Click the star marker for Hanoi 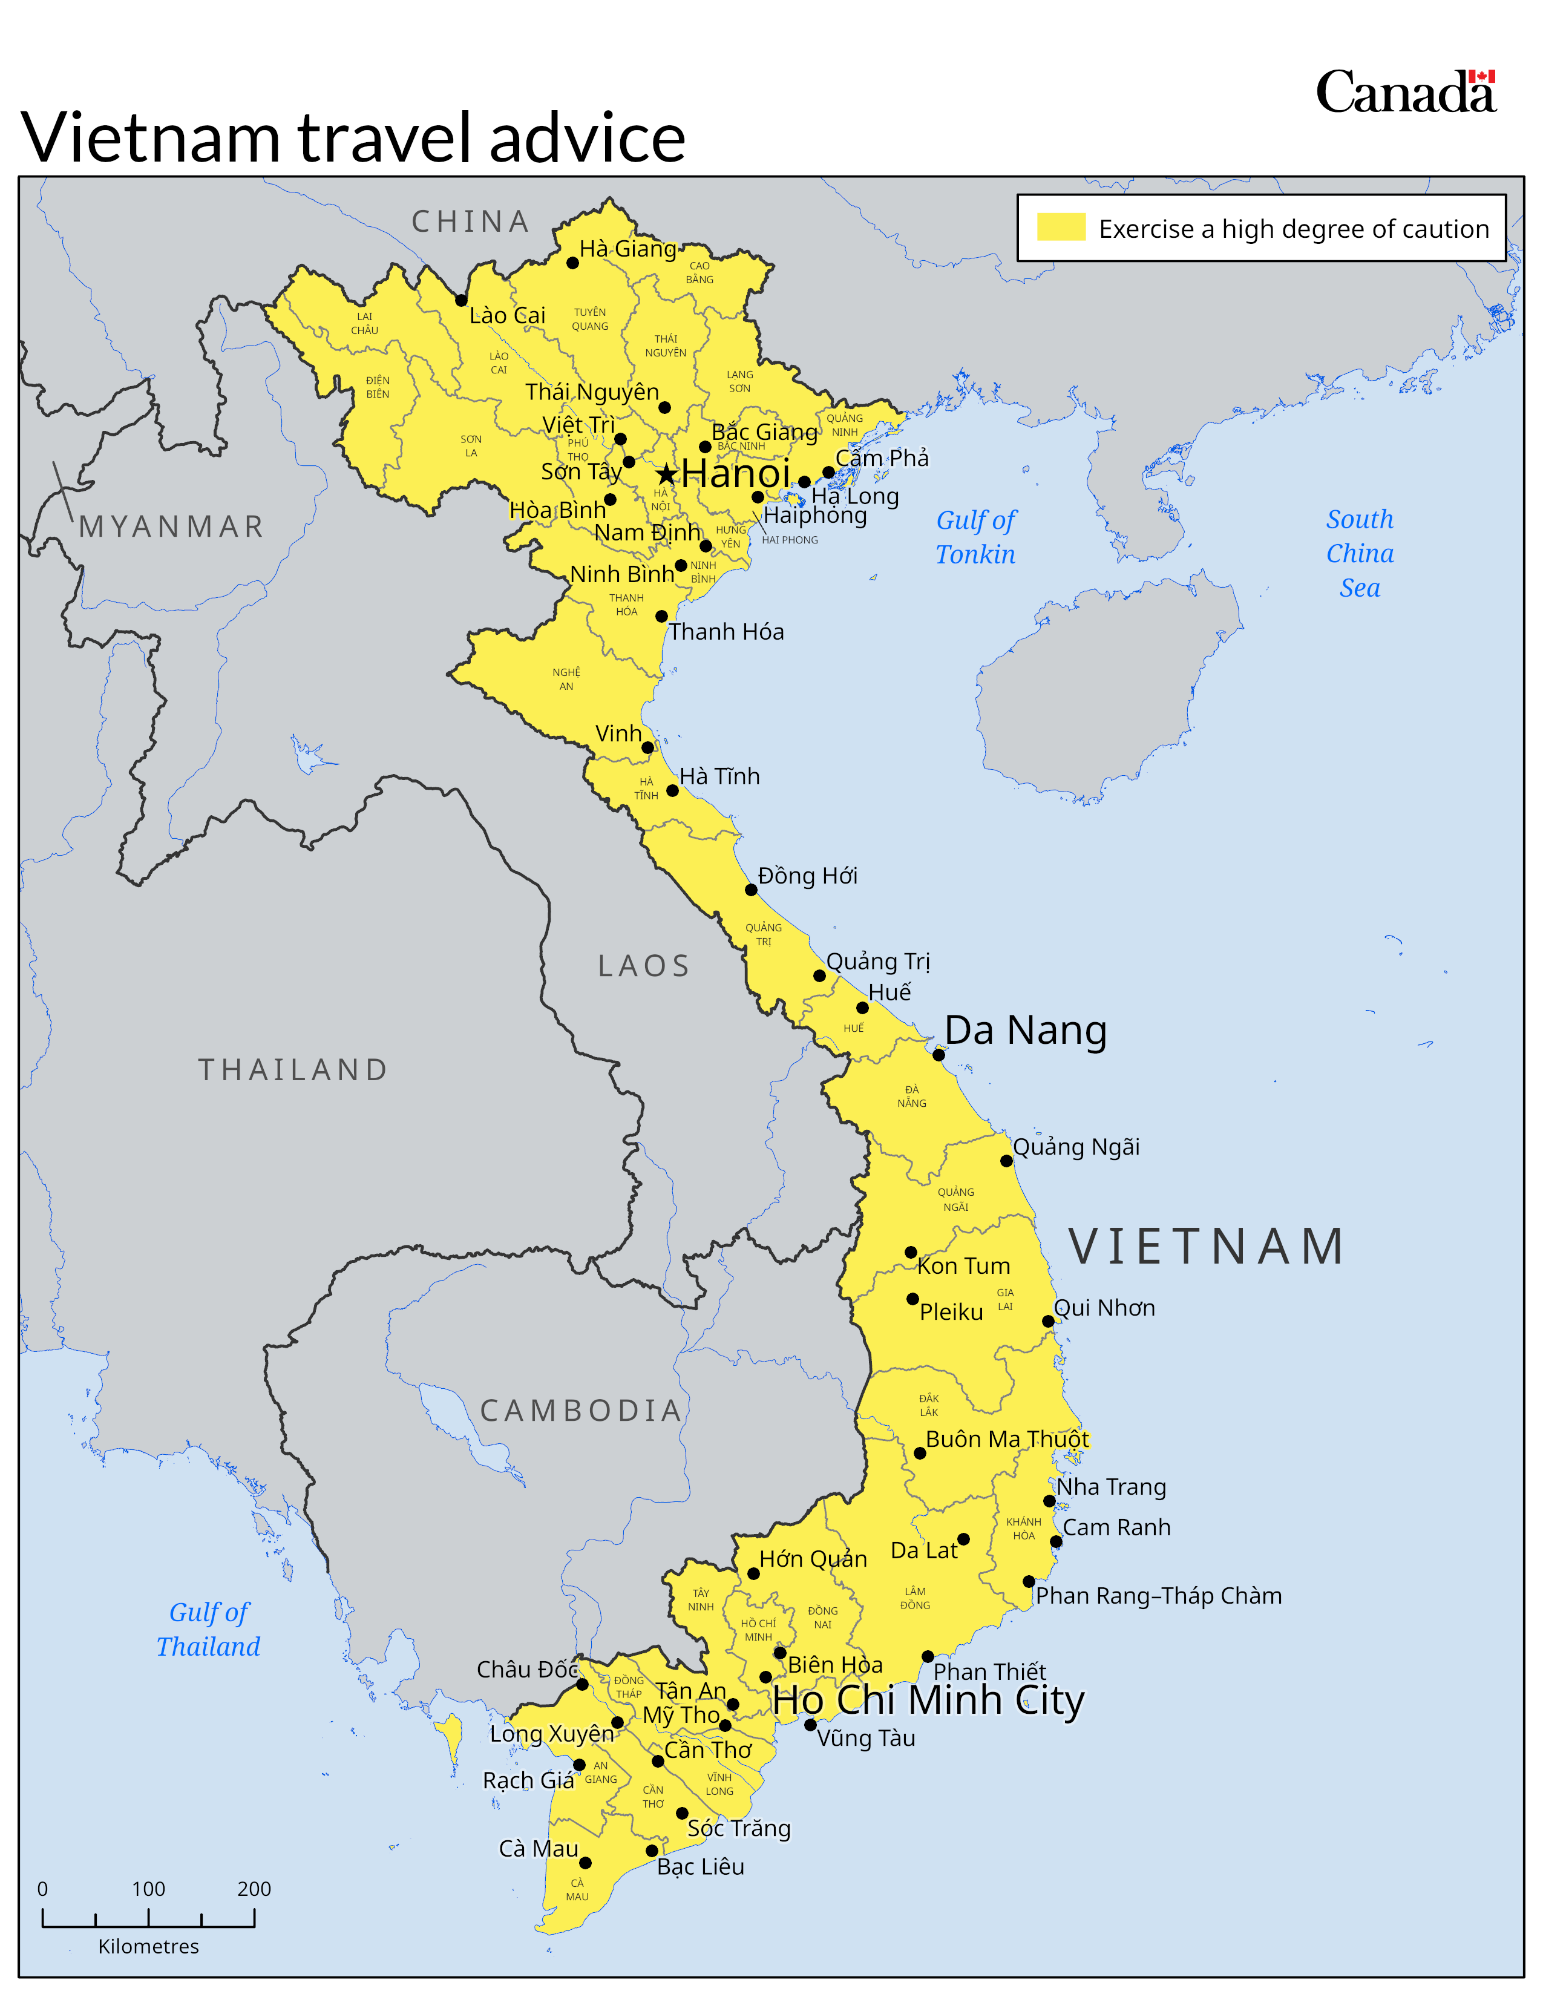coord(666,474)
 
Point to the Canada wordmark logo coord(1405,93)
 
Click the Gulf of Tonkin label coord(975,537)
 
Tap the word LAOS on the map coord(644,966)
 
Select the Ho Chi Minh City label coord(928,1700)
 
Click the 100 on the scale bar coord(148,1889)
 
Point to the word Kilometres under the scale coord(148,1947)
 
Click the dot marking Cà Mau coord(585,1863)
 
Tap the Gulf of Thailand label coord(208,1630)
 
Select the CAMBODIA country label coord(581,1410)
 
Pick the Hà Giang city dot coord(572,263)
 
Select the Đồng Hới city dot coord(750,890)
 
